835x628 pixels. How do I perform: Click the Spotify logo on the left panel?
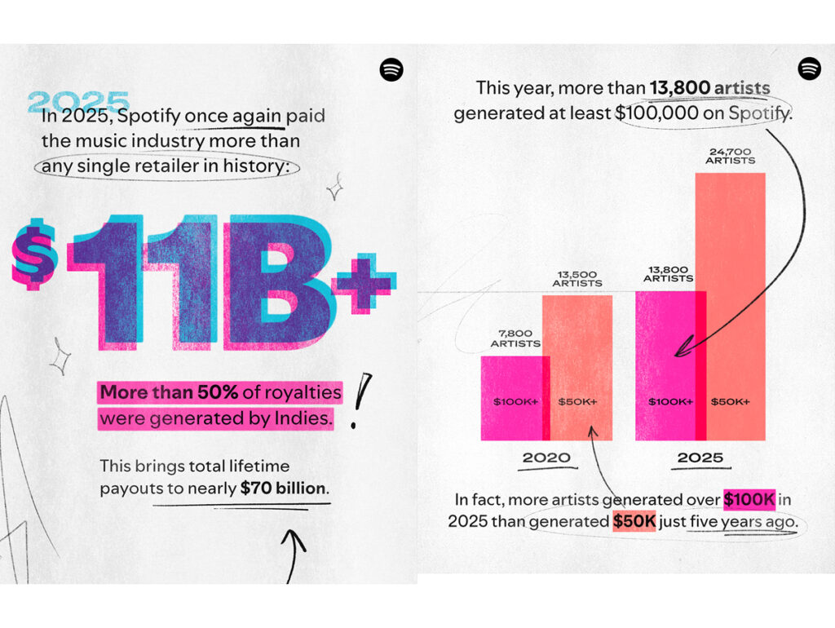(x=391, y=70)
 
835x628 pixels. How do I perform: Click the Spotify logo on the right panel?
(x=810, y=69)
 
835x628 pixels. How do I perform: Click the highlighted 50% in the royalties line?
(x=218, y=392)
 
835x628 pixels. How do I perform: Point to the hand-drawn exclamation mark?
(x=359, y=400)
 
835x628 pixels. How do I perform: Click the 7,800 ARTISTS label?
(x=515, y=338)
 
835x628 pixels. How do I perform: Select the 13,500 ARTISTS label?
(x=576, y=277)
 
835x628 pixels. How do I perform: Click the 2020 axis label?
(x=546, y=458)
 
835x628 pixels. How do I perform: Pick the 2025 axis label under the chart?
(x=700, y=458)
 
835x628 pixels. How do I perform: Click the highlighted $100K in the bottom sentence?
(x=749, y=499)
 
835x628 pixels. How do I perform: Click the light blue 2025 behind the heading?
(x=78, y=102)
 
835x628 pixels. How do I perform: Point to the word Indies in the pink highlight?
(x=301, y=419)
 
